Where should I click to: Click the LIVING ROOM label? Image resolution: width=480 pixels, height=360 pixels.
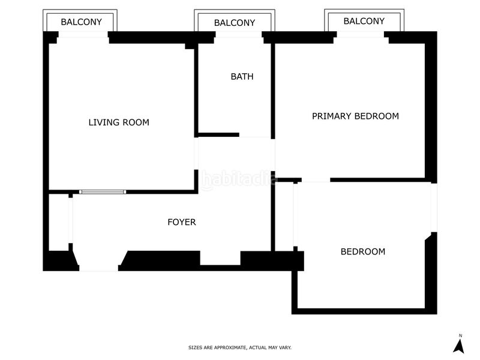point(119,122)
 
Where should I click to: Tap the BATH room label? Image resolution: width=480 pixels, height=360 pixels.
point(242,77)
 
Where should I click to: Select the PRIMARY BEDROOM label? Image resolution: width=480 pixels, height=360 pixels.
point(355,116)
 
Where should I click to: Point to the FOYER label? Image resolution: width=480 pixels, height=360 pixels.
point(181,222)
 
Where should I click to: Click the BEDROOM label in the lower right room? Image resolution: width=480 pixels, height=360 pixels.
point(362,252)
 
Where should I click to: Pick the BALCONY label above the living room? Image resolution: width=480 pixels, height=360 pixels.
point(81,22)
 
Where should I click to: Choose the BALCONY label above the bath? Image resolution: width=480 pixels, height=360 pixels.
point(235,23)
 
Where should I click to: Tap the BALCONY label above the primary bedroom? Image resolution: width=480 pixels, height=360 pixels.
point(364,21)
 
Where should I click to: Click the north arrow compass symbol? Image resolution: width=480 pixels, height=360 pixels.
point(460,346)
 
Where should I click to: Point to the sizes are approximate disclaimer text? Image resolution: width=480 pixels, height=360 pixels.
point(240,347)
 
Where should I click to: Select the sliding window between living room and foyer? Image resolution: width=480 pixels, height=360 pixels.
point(103,192)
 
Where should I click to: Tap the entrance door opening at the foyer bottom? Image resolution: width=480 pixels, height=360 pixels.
point(98,267)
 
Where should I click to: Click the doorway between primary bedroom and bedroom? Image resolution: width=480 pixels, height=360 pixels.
point(316,180)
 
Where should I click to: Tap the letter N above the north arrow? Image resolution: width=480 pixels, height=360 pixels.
point(460,335)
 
